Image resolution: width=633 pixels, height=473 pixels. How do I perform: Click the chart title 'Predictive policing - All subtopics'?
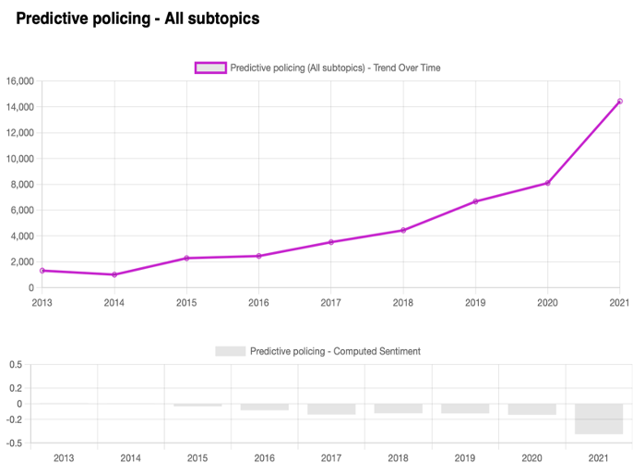[137, 18]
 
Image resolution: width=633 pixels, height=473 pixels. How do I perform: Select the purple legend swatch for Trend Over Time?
[210, 67]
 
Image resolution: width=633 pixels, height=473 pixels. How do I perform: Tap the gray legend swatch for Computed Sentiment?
[230, 351]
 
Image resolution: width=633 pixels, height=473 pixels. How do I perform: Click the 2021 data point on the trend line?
[619, 101]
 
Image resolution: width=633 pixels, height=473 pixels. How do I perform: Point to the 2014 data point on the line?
[114, 274]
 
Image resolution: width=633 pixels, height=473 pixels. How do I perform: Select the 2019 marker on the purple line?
[475, 201]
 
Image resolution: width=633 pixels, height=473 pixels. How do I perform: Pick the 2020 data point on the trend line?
[547, 183]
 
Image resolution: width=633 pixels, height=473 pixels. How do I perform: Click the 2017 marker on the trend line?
[331, 242]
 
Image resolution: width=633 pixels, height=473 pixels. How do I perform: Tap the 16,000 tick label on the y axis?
[19, 81]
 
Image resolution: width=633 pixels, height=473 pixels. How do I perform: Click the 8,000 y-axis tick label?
[21, 185]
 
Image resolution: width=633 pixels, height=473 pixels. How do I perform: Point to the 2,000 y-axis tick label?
[21, 262]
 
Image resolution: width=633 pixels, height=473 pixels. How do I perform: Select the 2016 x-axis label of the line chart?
[258, 302]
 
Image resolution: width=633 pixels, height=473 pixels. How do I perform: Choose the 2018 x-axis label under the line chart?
[403, 302]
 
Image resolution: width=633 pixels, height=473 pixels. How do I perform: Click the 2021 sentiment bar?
[599, 418]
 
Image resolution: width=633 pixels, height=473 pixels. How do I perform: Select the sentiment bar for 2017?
[331, 409]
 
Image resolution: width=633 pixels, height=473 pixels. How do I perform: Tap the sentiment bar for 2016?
[265, 407]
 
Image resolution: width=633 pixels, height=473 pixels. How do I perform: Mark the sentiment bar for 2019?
[465, 408]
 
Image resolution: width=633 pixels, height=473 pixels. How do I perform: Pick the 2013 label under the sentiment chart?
[64, 458]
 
